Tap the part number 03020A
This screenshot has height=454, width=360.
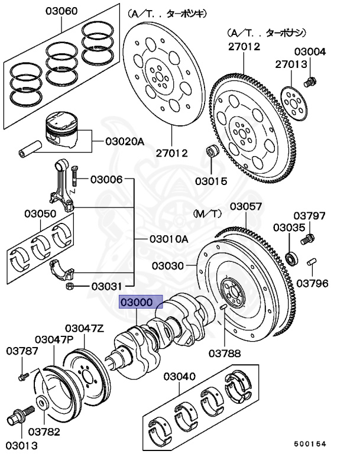pos(125,141)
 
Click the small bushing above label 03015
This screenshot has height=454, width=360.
pos(210,153)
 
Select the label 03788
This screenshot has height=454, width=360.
pos(224,354)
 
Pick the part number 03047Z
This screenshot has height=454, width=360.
pos(85,328)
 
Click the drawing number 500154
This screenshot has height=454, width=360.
pos(310,443)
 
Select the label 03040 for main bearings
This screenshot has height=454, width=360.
pos(180,376)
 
